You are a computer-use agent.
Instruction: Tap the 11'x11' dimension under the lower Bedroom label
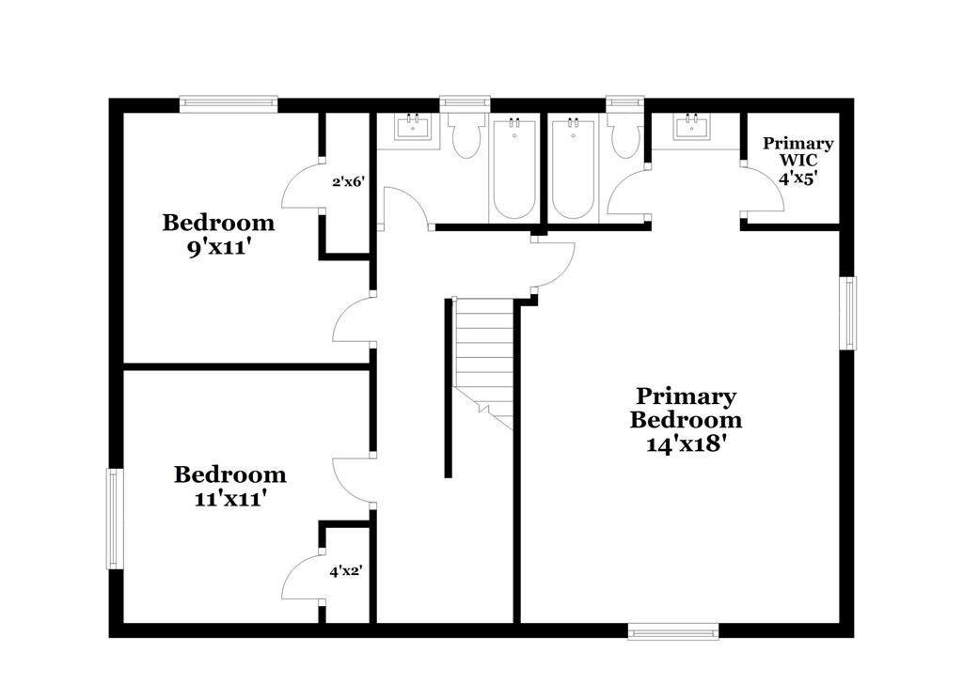(229, 500)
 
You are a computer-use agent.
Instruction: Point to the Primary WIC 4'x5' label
(797, 160)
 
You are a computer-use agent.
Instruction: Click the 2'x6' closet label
(347, 182)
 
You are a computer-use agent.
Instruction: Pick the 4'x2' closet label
(346, 570)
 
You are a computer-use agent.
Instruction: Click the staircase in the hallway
(484, 362)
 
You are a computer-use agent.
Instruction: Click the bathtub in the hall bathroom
(514, 169)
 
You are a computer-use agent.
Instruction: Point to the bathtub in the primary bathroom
(573, 169)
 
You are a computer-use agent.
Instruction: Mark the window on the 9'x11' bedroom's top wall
(229, 103)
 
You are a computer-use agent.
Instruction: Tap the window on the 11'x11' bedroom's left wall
(115, 519)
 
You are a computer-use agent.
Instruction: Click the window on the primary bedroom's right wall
(848, 313)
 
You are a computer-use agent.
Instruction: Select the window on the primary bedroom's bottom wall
(673, 631)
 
